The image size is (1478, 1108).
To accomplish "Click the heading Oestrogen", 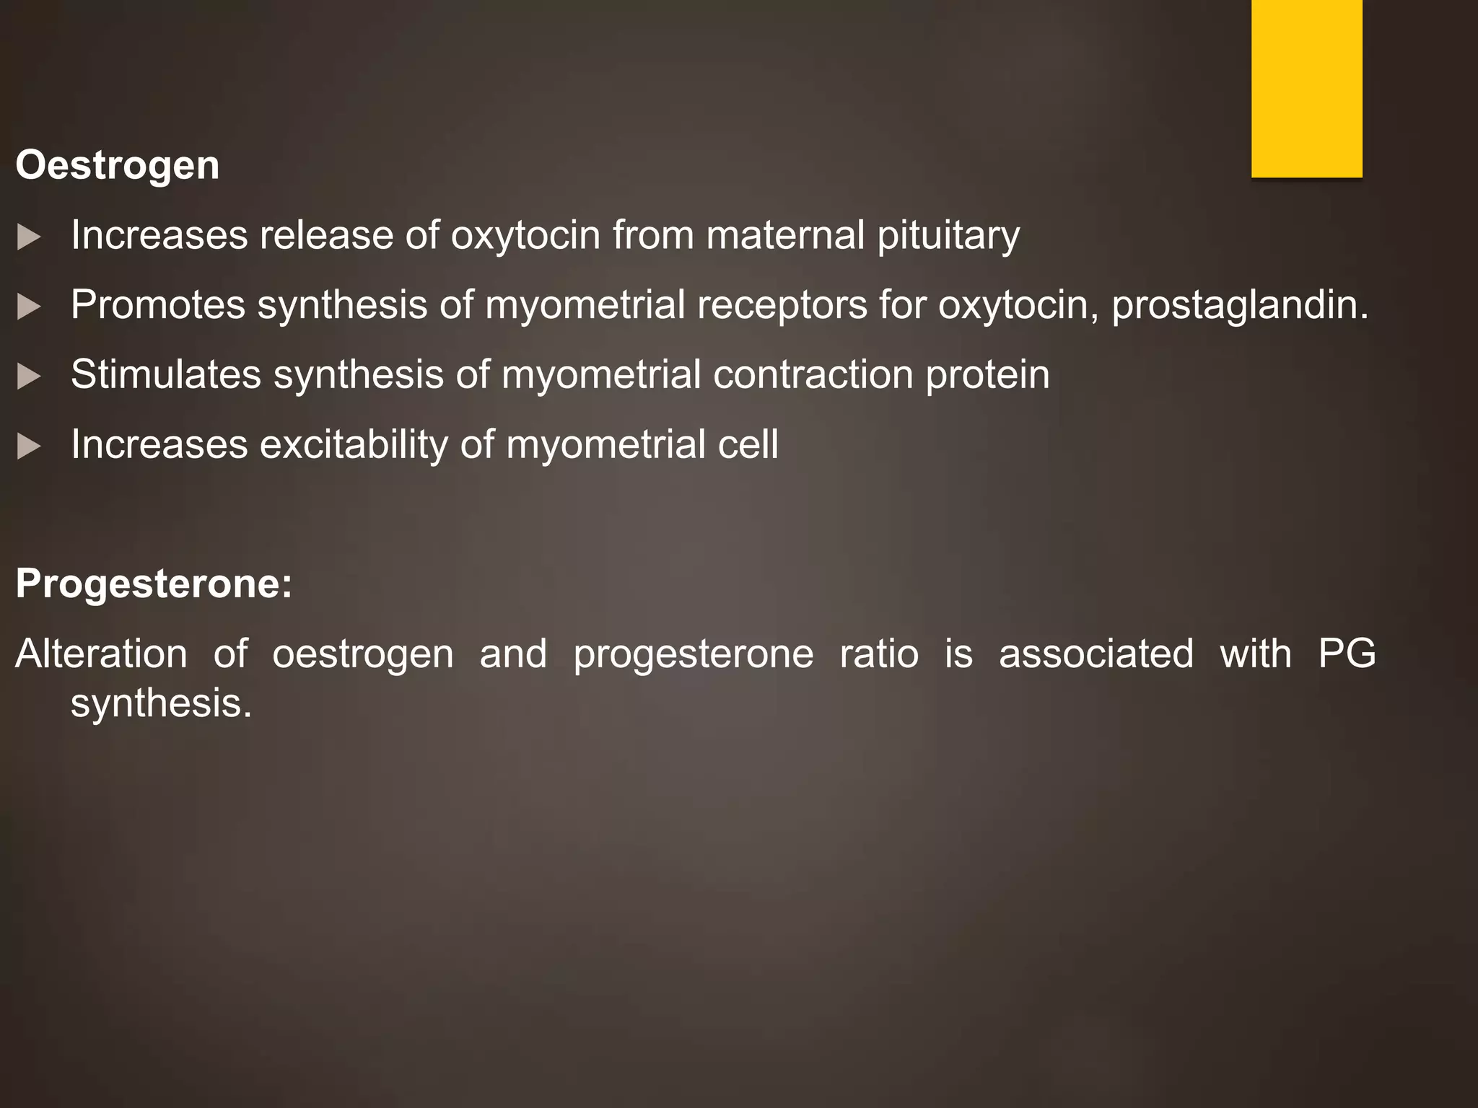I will (118, 166).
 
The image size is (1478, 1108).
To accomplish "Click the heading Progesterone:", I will (154, 583).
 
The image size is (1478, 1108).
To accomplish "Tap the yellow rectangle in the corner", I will (1306, 88).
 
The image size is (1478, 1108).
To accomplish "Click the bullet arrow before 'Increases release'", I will (28, 237).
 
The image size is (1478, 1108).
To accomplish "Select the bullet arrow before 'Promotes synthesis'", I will (28, 307).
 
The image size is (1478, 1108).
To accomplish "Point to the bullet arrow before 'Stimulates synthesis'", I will (28, 377).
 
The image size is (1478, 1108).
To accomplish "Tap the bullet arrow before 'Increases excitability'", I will (28, 447).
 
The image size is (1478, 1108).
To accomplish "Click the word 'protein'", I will (987, 375).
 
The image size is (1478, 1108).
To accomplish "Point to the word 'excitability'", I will (354, 445).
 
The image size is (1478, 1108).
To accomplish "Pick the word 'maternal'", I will (785, 235).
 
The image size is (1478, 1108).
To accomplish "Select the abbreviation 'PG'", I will (1347, 654).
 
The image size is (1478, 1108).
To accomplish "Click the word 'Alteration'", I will (101, 654).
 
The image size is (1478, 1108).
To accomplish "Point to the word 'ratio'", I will (879, 654).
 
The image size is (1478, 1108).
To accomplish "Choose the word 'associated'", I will (1096, 654).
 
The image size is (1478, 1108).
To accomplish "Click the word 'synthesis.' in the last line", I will (161, 704).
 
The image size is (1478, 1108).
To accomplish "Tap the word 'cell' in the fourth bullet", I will (748, 444).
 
